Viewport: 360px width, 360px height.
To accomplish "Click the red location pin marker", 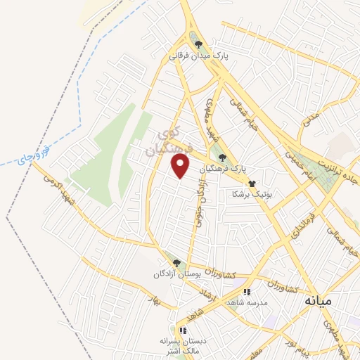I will click(181, 166).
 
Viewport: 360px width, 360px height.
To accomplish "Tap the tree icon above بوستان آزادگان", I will click(177, 263).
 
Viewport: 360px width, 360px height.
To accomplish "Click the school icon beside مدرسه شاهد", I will click(246, 291).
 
